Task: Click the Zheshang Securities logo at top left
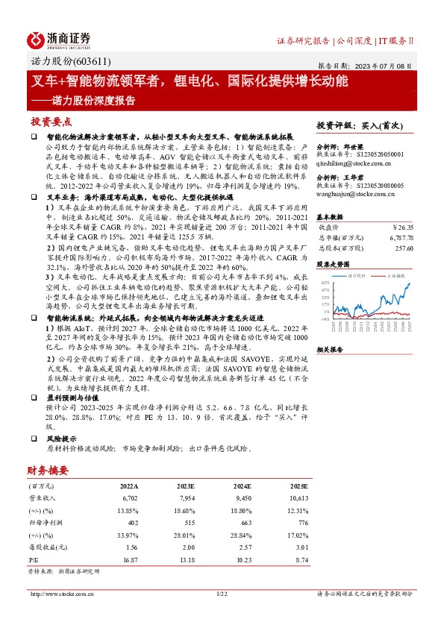pyautogui.click(x=59, y=39)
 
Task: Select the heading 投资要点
pyautogui.click(x=51, y=121)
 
